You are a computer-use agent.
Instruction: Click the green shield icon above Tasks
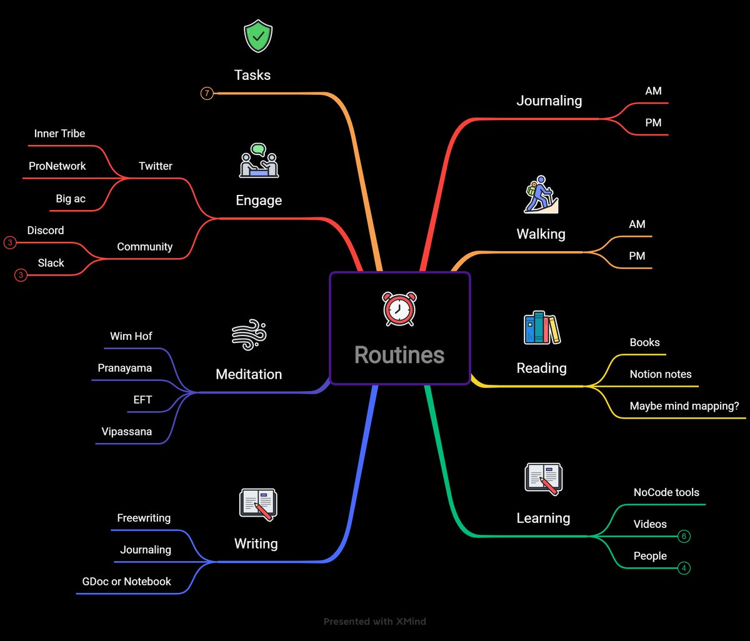pos(257,37)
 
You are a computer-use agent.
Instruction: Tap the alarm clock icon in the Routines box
pos(399,309)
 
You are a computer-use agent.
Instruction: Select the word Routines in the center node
pos(399,355)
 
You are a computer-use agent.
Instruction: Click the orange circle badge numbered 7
pos(207,94)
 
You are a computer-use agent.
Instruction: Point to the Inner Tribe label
pos(59,134)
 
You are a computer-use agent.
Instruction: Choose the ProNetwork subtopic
pos(57,166)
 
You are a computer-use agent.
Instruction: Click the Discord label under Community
pos(46,231)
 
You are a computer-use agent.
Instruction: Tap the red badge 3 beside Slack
pos(21,275)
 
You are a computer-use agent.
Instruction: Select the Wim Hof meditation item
pos(131,336)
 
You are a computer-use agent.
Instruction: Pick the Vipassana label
pos(126,432)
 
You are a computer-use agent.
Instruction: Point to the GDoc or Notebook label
pos(126,582)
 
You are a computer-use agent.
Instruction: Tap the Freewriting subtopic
pos(144,518)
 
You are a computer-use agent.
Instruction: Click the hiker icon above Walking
pos(540,195)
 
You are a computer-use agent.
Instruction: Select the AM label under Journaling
pos(653,91)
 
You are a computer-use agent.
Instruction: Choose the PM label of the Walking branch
pos(637,256)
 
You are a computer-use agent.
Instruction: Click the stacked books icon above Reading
pos(541,329)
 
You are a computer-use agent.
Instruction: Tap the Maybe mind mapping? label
pos(684,406)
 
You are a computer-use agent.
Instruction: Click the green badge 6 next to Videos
pos(684,537)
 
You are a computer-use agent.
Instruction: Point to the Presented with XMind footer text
pos(375,622)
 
